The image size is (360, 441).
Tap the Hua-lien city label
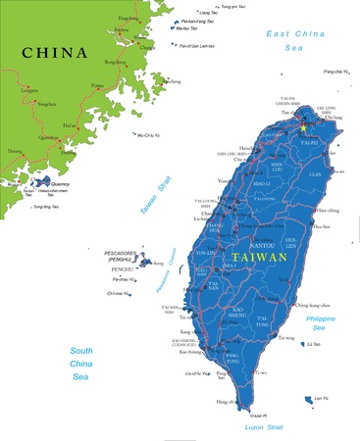click(321, 226)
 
